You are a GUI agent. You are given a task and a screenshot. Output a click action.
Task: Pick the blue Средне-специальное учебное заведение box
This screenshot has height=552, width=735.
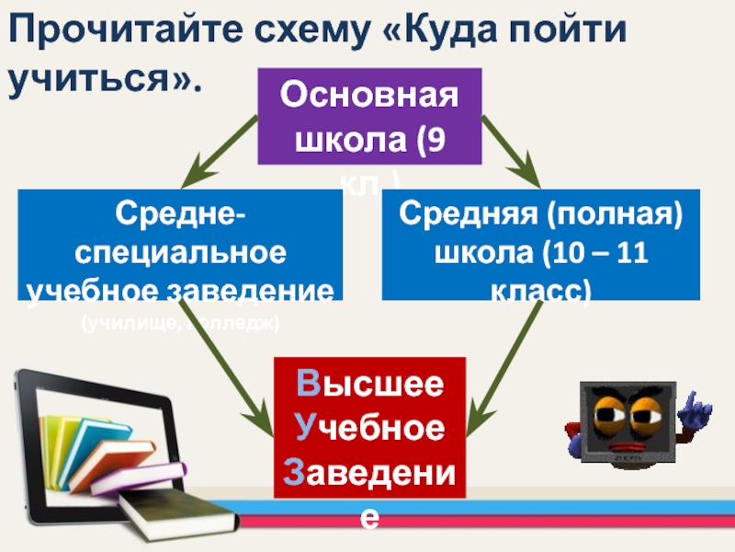click(x=179, y=246)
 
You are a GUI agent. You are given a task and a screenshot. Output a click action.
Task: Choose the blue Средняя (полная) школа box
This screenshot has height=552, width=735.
click(x=540, y=246)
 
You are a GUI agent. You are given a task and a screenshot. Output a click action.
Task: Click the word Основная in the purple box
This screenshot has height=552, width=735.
click(x=368, y=95)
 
